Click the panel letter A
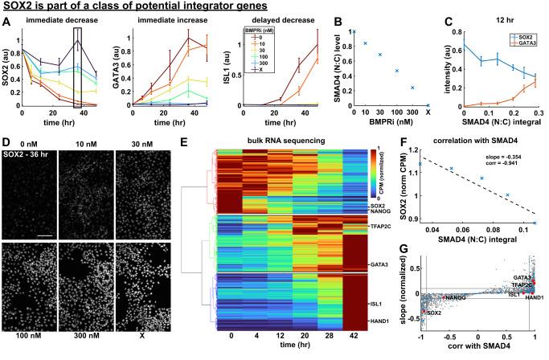(6, 23)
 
